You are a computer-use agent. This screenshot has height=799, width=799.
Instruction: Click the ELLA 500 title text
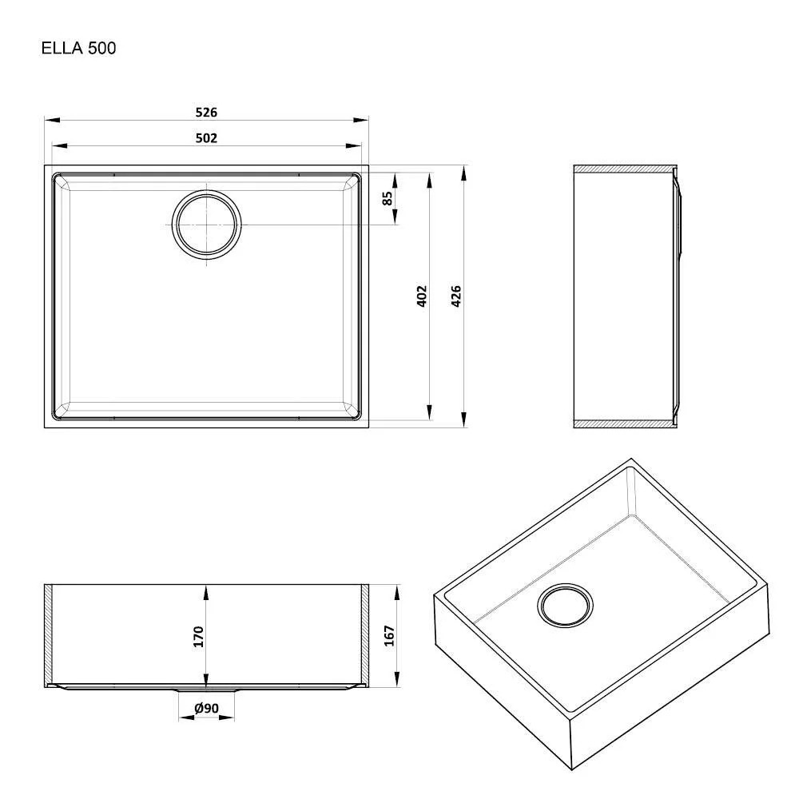[x=78, y=48]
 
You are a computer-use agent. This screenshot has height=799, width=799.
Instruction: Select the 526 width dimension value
[x=206, y=112]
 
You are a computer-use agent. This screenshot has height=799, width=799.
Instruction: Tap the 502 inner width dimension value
[x=206, y=138]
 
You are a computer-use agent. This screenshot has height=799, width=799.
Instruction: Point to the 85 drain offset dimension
[x=388, y=198]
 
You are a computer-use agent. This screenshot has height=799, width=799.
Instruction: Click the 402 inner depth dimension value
[x=421, y=296]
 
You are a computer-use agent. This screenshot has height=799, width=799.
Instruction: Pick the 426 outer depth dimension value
[x=456, y=296]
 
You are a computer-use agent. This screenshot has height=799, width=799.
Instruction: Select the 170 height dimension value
[x=198, y=637]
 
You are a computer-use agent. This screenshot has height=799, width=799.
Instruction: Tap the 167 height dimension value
[x=389, y=635]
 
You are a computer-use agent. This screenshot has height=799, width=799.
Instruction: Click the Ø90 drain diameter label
[x=206, y=708]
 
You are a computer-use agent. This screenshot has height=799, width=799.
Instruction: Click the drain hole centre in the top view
[x=206, y=225]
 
